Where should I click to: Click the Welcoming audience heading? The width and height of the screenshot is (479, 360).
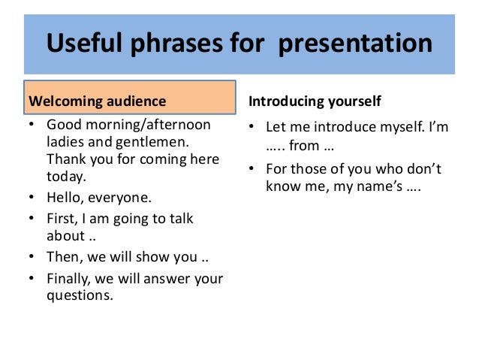(97, 101)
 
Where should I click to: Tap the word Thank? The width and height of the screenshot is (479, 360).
(65, 159)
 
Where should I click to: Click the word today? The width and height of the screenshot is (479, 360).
(66, 177)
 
